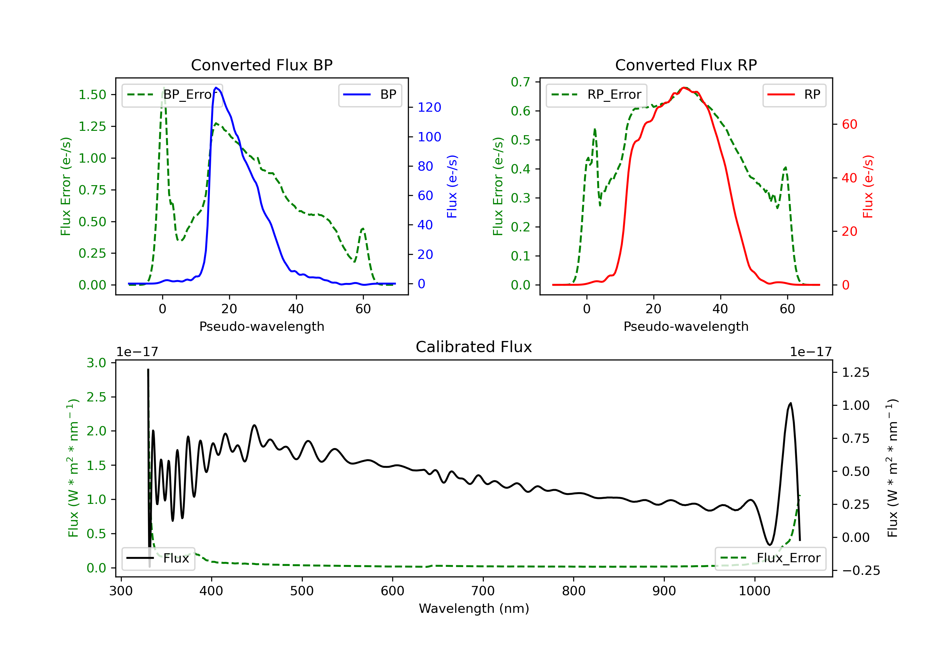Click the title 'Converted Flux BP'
261,65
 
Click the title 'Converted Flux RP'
686,65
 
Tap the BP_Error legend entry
172,95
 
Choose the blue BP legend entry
370,95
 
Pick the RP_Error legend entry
596,95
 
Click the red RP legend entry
794,95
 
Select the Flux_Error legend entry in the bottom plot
770,558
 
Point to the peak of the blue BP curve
216,88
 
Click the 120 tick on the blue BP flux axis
429,107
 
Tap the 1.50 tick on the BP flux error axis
92,95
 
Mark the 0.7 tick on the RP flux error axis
520,82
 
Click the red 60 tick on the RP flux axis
849,124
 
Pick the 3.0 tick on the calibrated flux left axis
96,363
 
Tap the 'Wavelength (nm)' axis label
474,609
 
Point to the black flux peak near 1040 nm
791,403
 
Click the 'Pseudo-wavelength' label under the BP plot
261,326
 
